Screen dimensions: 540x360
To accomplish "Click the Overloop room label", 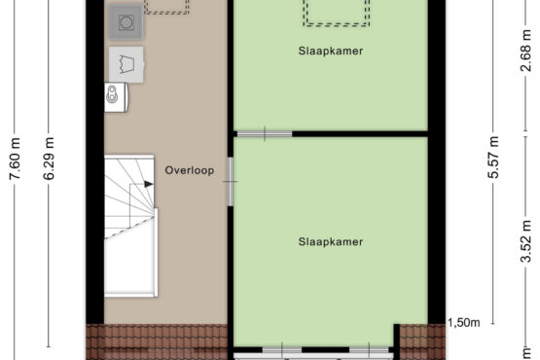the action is pyautogui.click(x=190, y=170).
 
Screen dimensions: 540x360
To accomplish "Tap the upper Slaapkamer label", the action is pyautogui.click(x=331, y=51).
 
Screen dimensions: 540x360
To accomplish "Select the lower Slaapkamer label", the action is pyautogui.click(x=331, y=241).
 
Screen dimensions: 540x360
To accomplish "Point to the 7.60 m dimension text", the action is pyautogui.click(x=15, y=159).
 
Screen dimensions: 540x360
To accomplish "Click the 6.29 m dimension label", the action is pyautogui.click(x=49, y=159).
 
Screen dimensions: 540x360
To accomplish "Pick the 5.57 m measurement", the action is pyautogui.click(x=493, y=157).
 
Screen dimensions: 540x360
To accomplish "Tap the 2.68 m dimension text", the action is pyautogui.click(x=525, y=51).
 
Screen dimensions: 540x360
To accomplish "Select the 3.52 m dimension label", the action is pyautogui.click(x=525, y=241).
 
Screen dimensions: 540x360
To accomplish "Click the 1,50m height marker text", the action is pyautogui.click(x=463, y=323).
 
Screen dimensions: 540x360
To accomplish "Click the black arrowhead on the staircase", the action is pyautogui.click(x=149, y=184).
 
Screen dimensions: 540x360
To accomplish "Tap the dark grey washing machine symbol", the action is pyautogui.click(x=126, y=22).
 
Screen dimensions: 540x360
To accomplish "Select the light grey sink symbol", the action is pyautogui.click(x=126, y=65).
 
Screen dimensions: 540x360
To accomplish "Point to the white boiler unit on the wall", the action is pyautogui.click(x=117, y=97).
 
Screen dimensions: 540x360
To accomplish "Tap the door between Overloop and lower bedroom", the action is pyautogui.click(x=231, y=182).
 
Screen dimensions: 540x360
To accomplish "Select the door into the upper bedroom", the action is pyautogui.click(x=265, y=134).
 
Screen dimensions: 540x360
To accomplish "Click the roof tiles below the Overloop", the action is pyautogui.click(x=157, y=342).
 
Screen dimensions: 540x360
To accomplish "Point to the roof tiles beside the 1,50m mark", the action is pyautogui.click(x=422, y=342).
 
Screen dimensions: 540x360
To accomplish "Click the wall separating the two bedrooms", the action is pyautogui.click(x=360, y=134).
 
